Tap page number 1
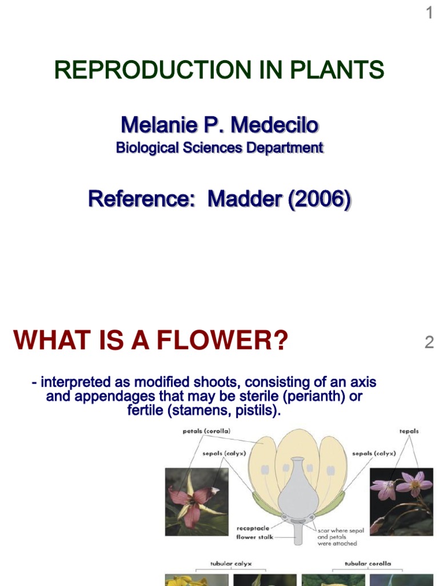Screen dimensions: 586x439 [x=429, y=13]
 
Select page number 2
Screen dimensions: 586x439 [x=429, y=343]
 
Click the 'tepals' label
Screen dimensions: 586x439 [x=409, y=431]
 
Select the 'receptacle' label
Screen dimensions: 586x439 [x=253, y=528]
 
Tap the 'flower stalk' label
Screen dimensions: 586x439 [x=254, y=537]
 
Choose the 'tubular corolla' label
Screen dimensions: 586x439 [x=368, y=564]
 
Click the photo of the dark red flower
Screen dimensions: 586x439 [x=197, y=502]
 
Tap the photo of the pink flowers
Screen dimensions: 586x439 [x=401, y=502]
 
